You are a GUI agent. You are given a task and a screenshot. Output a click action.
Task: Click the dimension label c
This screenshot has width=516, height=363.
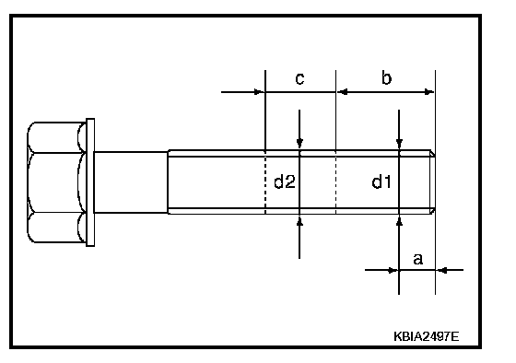point(299,79)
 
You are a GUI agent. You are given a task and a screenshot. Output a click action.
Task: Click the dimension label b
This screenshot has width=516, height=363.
point(387,78)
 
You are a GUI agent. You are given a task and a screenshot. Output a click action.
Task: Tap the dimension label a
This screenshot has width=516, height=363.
point(417,259)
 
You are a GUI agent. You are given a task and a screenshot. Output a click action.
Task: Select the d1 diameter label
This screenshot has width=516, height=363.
point(381,182)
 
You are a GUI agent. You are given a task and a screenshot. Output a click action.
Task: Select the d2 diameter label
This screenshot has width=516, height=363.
point(285,182)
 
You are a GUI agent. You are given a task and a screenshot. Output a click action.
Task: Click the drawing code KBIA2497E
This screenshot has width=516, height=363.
point(426,336)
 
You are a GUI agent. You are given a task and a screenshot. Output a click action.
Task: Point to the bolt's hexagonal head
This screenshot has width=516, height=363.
point(56,182)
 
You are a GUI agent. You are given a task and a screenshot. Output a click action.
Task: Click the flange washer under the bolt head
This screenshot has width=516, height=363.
point(90,182)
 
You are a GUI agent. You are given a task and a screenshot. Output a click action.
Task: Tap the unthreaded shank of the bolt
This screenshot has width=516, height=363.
point(131,182)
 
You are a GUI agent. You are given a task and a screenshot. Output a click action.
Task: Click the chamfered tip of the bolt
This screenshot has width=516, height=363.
point(432,182)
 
